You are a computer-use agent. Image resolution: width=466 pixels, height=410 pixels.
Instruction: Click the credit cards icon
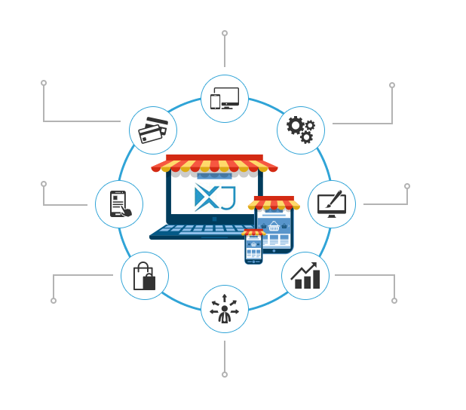click(x=153, y=130)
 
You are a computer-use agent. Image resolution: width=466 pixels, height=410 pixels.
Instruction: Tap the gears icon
click(x=300, y=130)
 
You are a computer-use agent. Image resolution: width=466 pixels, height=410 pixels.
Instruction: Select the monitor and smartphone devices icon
click(x=225, y=99)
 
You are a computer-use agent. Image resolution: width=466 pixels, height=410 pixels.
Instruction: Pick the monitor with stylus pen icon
click(x=331, y=203)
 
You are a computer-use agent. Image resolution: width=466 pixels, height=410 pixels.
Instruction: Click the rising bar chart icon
click(x=305, y=276)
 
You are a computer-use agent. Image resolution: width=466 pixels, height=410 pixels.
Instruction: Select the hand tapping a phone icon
click(x=119, y=204)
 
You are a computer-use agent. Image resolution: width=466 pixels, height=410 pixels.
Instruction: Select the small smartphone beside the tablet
click(x=253, y=248)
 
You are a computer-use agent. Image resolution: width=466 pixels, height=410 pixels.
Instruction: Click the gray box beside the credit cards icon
click(x=81, y=101)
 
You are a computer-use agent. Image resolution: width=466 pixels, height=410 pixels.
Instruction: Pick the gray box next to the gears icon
click(x=363, y=103)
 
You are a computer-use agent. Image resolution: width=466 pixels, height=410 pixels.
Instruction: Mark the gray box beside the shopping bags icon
click(x=81, y=289)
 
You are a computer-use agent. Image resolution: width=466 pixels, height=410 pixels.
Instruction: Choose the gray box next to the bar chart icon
click(x=366, y=289)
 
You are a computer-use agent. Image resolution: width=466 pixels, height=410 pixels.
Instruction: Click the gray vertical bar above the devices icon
click(x=225, y=48)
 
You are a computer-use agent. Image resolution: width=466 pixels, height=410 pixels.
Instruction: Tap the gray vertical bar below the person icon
click(x=225, y=359)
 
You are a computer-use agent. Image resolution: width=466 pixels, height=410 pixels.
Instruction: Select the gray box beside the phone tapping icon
click(x=64, y=193)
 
